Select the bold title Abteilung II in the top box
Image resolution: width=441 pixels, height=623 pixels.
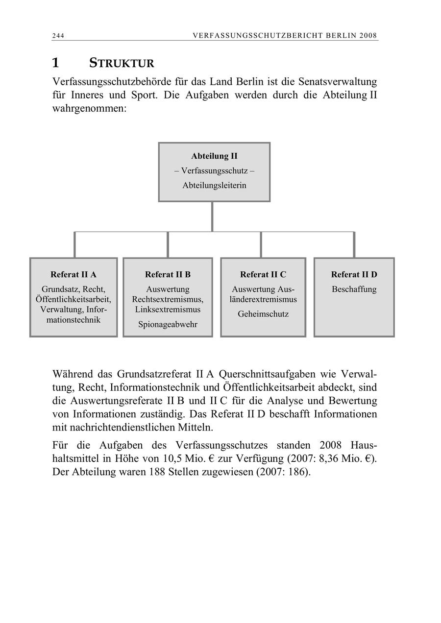pos(214,156)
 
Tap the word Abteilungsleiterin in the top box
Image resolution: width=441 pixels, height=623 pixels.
pos(214,186)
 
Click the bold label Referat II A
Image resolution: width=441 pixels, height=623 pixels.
pos(73,275)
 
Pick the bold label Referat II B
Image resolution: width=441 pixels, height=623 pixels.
pos(168,275)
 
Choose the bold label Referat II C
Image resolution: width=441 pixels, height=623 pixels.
pos(263,275)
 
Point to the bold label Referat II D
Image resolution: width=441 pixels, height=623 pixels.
pos(354,275)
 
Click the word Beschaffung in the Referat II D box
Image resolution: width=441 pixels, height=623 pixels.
pos(354,289)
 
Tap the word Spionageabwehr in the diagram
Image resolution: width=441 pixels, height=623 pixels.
pos(168,324)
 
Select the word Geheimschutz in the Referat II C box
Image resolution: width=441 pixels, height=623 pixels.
pos(263,314)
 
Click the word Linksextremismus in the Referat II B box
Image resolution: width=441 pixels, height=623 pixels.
pos(168,310)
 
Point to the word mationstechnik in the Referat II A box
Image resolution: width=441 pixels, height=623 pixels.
pos(73,320)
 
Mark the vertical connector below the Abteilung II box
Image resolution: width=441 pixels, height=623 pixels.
pos(212,216)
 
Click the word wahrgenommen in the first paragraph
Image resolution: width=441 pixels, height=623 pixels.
pos(89,108)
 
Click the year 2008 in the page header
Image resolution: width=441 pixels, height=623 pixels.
pos(367,36)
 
